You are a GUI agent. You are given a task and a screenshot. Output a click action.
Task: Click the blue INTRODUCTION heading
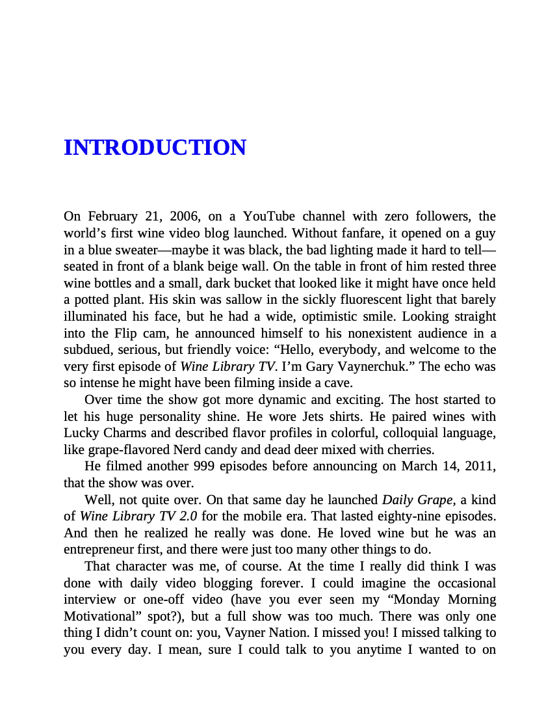pos(155,148)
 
